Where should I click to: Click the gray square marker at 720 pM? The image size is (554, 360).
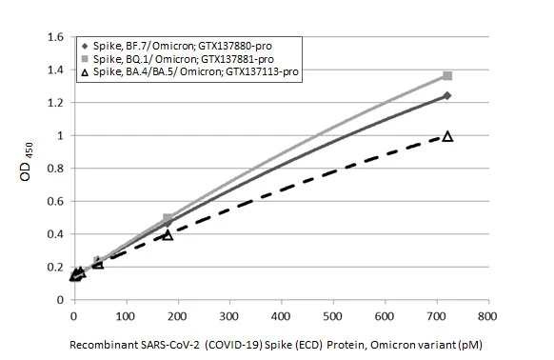click(x=447, y=76)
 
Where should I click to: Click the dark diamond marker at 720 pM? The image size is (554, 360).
click(x=447, y=95)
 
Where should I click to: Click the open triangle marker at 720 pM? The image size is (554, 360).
click(x=447, y=136)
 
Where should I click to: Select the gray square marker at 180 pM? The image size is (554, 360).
click(x=168, y=219)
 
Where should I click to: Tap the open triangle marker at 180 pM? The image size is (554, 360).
click(x=168, y=234)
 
